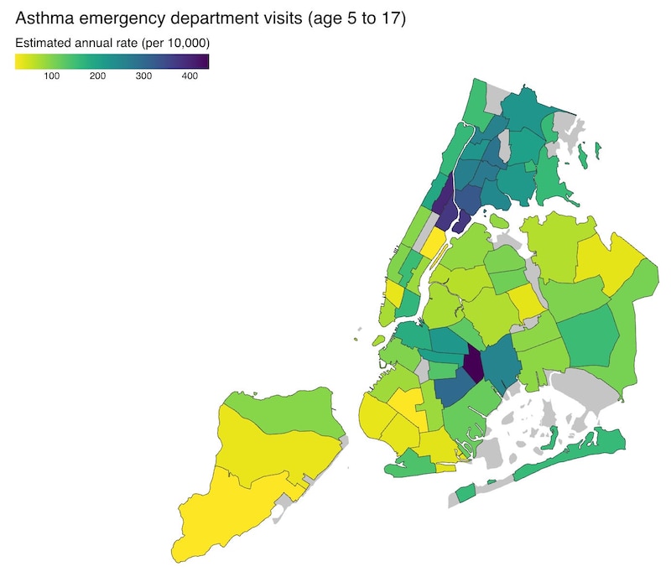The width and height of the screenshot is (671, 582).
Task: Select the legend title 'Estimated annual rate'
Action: click(x=75, y=43)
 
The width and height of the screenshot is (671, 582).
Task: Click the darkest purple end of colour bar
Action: click(x=204, y=61)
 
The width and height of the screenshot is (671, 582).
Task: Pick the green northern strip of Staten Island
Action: click(x=277, y=403)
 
